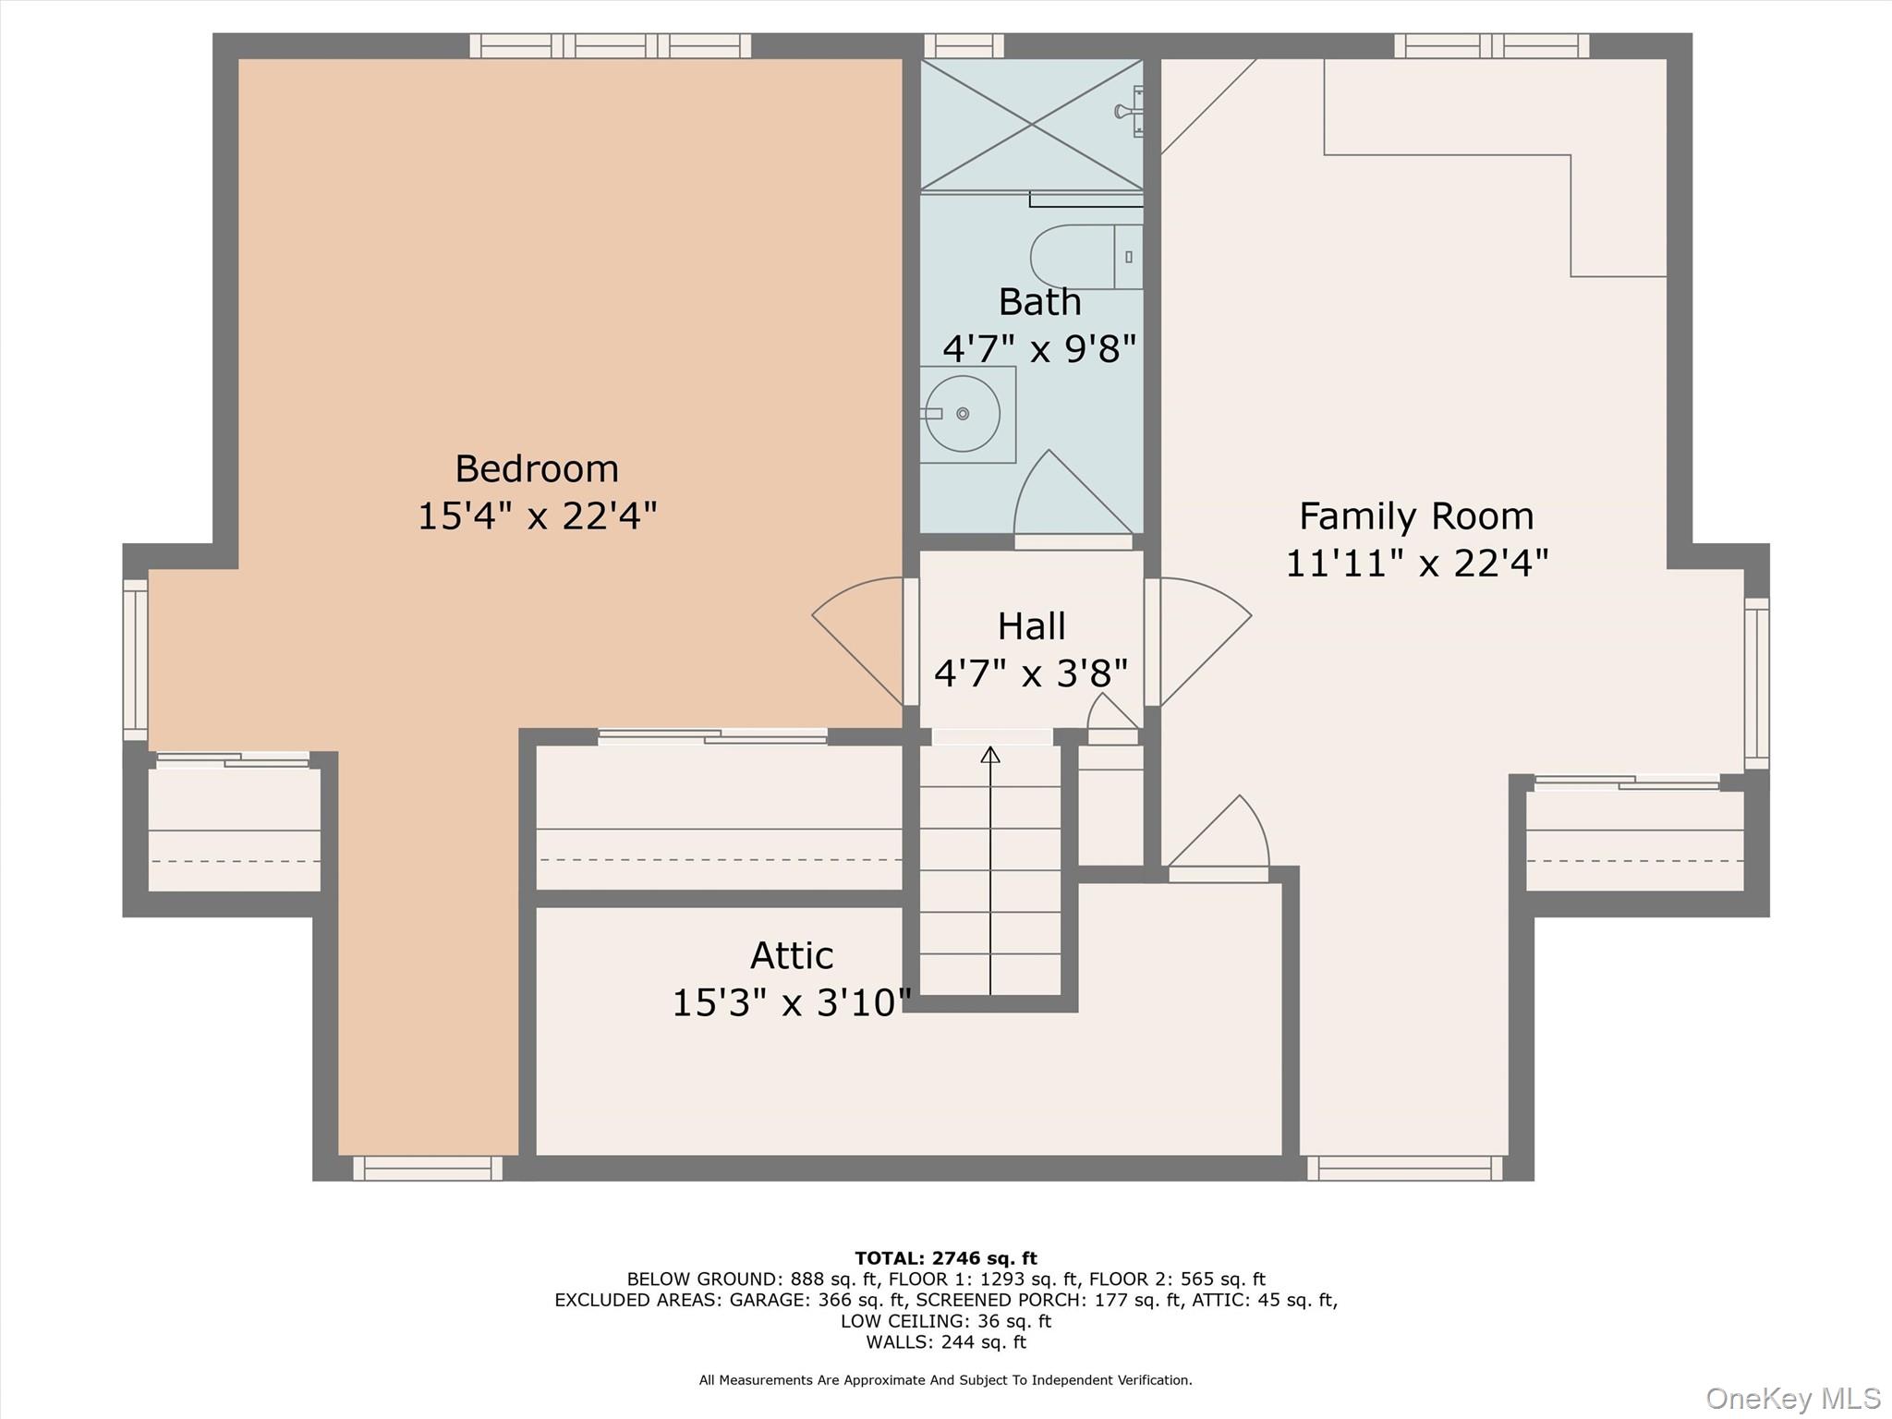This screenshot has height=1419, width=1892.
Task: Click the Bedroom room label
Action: pos(537,468)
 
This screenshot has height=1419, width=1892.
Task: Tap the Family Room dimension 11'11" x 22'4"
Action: pos(1416,563)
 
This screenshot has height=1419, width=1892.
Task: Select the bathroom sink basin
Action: pos(963,414)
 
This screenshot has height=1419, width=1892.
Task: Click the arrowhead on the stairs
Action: pos(990,755)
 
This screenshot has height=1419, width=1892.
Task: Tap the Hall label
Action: pos(1031,626)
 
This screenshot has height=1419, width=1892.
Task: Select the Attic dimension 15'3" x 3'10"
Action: pos(792,1002)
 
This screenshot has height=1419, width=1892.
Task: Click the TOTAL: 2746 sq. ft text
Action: pos(945,1258)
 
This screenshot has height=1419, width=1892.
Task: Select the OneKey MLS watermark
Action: pos(1792,1398)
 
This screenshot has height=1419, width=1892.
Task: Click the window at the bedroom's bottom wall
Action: pos(428,1169)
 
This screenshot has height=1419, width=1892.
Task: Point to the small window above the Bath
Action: pos(964,45)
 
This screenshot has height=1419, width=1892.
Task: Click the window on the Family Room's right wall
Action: pos(1756,684)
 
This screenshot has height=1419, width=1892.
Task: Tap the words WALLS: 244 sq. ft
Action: pos(945,1342)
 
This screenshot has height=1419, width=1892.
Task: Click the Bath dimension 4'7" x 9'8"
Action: pos(1038,349)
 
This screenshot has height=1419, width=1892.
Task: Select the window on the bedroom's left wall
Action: pos(136,660)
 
